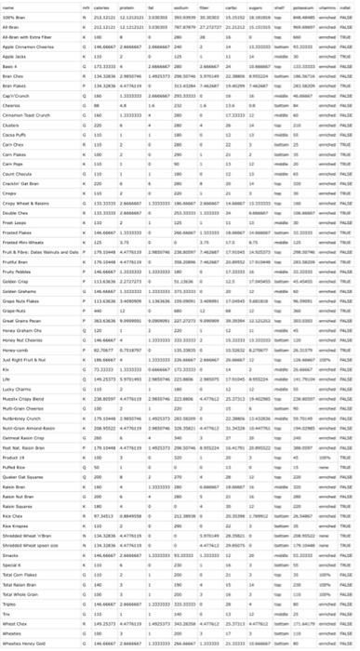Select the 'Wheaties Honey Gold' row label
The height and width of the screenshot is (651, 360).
tap(27, 643)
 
